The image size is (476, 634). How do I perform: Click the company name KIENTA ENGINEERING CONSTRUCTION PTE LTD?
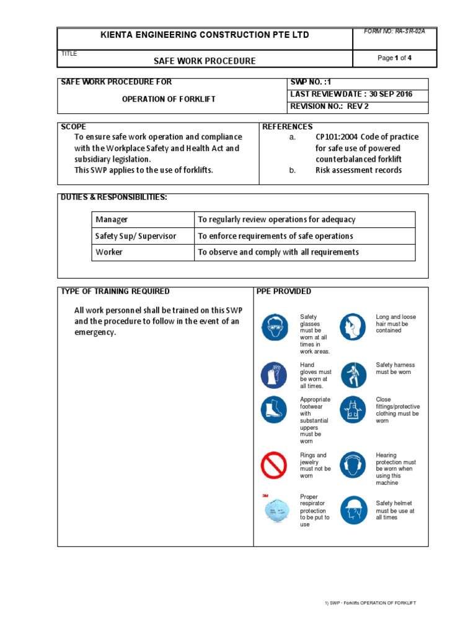[205, 35]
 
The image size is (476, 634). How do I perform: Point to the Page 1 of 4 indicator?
[395, 58]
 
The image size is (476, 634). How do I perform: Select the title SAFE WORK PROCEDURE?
[205, 61]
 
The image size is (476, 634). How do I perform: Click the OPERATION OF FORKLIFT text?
[169, 99]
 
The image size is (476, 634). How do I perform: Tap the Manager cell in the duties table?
[112, 220]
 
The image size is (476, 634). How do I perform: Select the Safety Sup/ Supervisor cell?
[135, 236]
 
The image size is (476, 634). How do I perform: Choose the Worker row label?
[108, 252]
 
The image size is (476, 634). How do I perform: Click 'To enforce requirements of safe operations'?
[275, 236]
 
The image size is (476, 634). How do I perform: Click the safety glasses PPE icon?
[274, 327]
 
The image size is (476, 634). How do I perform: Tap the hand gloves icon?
[274, 375]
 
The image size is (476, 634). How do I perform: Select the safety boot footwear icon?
[274, 409]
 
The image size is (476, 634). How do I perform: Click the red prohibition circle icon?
[274, 465]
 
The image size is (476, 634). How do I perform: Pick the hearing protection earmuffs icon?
[352, 465]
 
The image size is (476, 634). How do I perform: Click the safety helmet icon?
[352, 510]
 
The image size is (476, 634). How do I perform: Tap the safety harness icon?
[352, 375]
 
